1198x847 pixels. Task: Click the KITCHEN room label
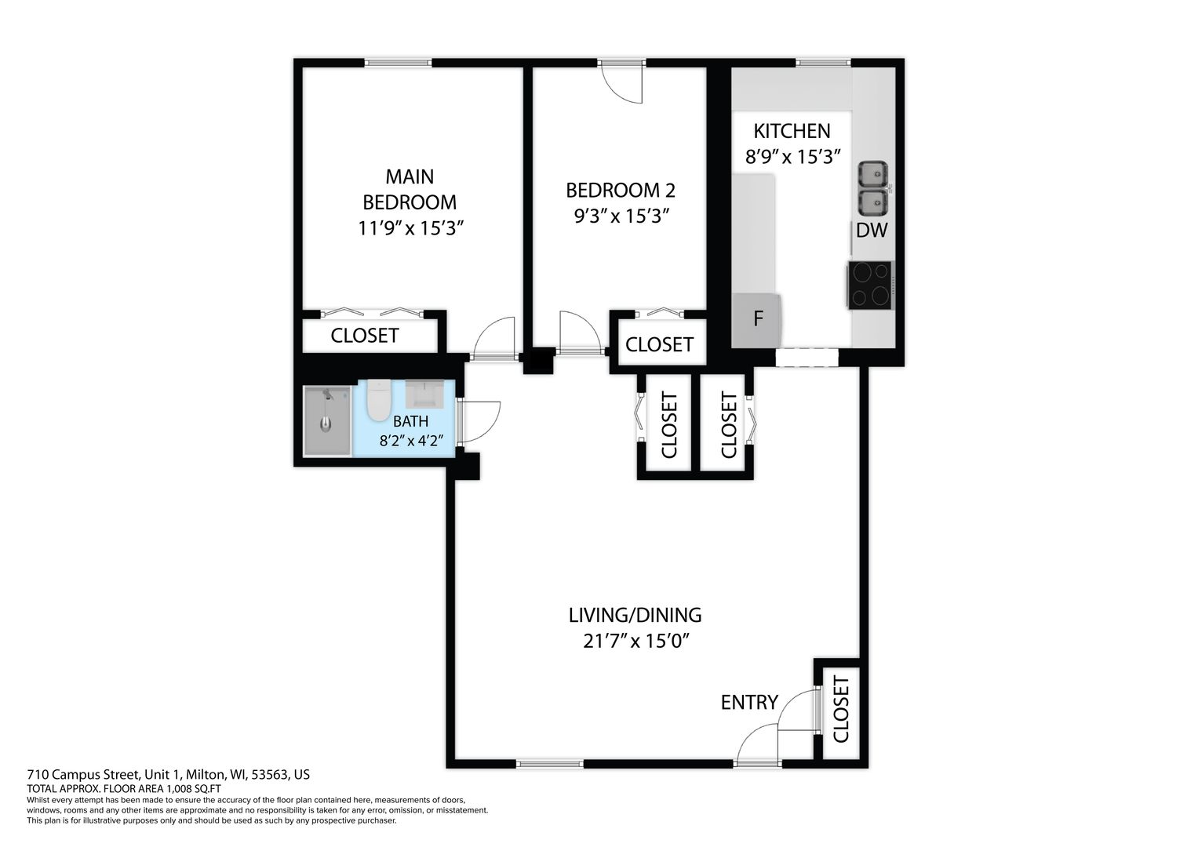(792, 131)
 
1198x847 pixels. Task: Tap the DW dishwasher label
(872, 230)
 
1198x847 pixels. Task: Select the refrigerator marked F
(757, 319)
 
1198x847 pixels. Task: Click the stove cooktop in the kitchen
(869, 285)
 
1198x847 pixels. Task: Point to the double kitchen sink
(873, 188)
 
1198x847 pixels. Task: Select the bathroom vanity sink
(424, 394)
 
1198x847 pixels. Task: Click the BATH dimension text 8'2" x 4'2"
(411, 441)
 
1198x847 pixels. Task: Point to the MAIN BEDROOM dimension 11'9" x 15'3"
(410, 228)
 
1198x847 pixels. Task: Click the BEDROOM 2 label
(621, 191)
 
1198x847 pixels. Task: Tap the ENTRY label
(749, 702)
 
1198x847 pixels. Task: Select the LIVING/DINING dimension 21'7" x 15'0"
(635, 641)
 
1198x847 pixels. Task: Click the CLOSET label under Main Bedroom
(365, 336)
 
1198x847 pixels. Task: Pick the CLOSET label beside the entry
(841, 710)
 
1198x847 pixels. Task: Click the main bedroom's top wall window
(398, 63)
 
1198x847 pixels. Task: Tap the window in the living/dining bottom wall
(550, 764)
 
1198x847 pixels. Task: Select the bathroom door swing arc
(479, 422)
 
